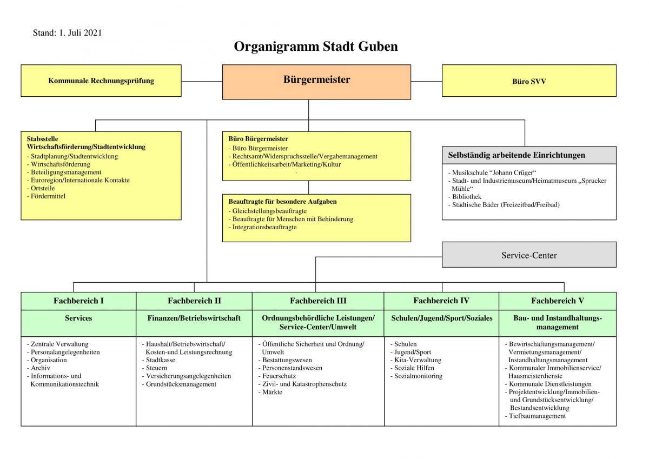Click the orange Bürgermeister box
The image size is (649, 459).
pos(316,82)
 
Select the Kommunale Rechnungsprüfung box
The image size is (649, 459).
pos(101,81)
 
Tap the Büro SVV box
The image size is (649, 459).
pos(529,81)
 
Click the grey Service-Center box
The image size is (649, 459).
pos(529,255)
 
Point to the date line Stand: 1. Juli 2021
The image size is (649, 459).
pos(67,33)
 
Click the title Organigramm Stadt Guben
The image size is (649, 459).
pos(316,46)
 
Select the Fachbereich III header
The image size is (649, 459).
pos(318,301)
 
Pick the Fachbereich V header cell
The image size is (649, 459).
pos(558,301)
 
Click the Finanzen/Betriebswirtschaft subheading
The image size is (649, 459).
pos(194,318)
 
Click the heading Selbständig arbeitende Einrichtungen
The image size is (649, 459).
pos(516,155)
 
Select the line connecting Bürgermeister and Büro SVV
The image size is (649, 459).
pos(427,82)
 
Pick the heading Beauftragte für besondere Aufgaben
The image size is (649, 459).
pos(282,202)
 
